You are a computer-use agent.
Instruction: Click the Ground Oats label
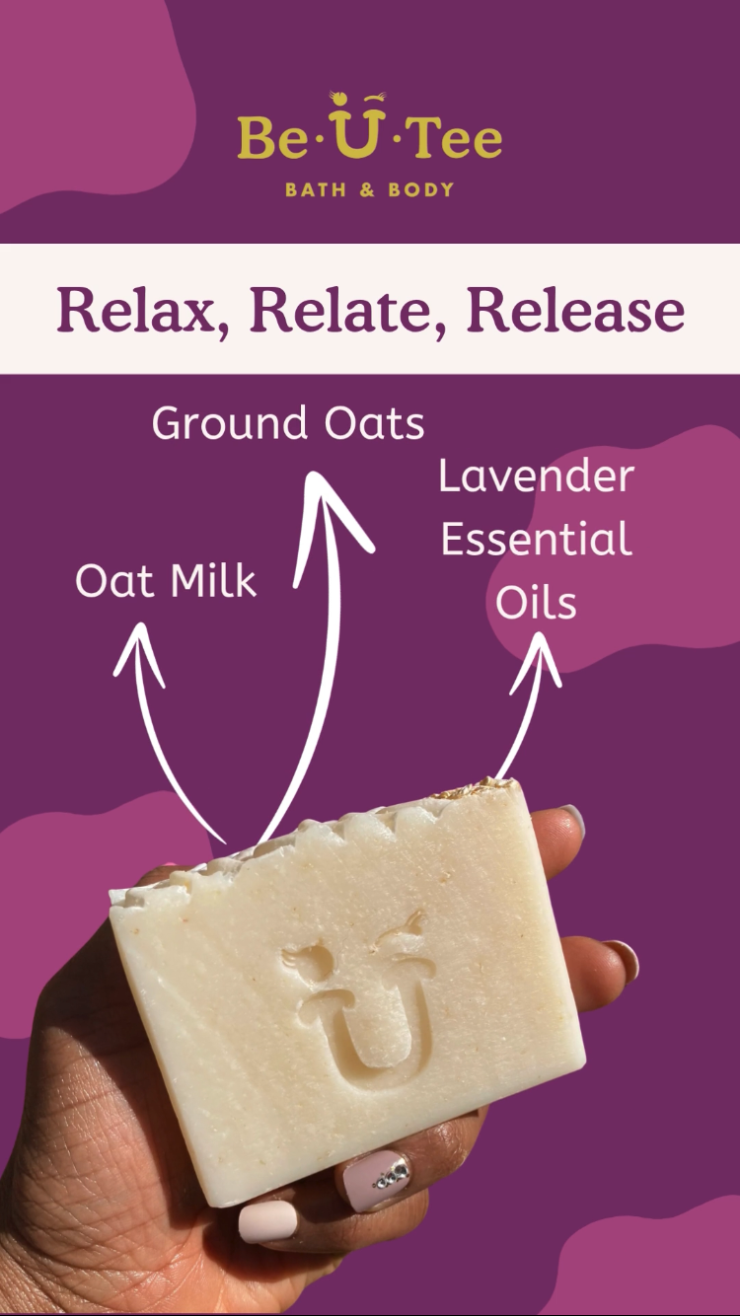point(288,422)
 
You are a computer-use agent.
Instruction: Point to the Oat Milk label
point(166,580)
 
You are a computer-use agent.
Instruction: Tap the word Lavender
point(536,476)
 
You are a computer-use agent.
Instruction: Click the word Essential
point(536,539)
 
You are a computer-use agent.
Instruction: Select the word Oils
point(536,602)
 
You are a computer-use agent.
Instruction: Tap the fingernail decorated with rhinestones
point(373,1181)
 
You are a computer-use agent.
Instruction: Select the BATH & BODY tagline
point(370,189)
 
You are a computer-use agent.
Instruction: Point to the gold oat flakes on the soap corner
point(477,787)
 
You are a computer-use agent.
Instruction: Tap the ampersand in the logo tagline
point(367,189)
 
